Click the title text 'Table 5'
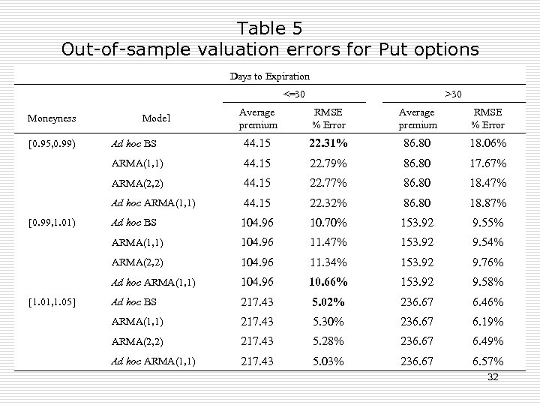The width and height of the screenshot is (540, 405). [270, 28]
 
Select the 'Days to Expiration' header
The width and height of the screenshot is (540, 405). [269, 76]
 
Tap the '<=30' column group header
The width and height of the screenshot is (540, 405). [294, 93]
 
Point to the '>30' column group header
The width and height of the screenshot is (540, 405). [454, 93]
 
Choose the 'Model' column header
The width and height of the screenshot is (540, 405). [156, 118]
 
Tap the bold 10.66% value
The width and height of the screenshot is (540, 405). [329, 282]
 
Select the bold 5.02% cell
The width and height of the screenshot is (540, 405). [329, 302]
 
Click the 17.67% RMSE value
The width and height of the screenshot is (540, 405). [488, 163]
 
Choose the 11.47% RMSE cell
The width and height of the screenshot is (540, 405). [329, 242]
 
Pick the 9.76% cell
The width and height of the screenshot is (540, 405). [488, 262]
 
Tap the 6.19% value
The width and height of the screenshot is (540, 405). [488, 322]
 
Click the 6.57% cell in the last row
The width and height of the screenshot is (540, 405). [488, 361]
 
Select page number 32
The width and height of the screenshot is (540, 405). [492, 377]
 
